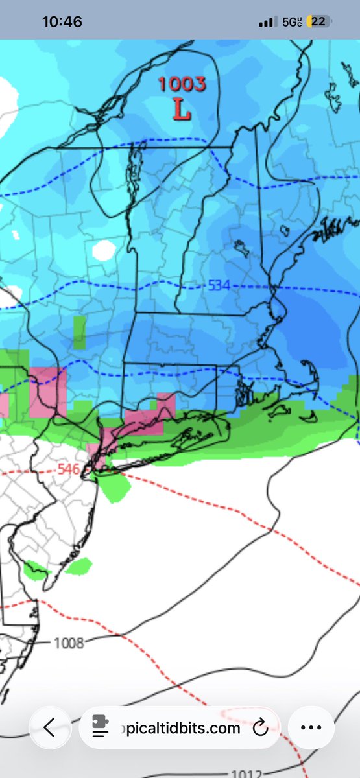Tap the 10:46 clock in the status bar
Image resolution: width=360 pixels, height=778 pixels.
[x=62, y=22]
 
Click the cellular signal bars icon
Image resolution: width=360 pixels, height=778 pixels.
[x=267, y=23]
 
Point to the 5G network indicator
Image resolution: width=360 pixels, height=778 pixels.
[x=292, y=22]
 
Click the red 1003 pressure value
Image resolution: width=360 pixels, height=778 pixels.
[x=182, y=84]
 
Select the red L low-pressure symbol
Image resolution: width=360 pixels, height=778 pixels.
[x=182, y=110]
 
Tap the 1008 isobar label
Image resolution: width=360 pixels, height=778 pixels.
[x=69, y=643]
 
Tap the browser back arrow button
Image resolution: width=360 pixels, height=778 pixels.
[x=49, y=728]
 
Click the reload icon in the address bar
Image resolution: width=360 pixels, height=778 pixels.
[x=260, y=728]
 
